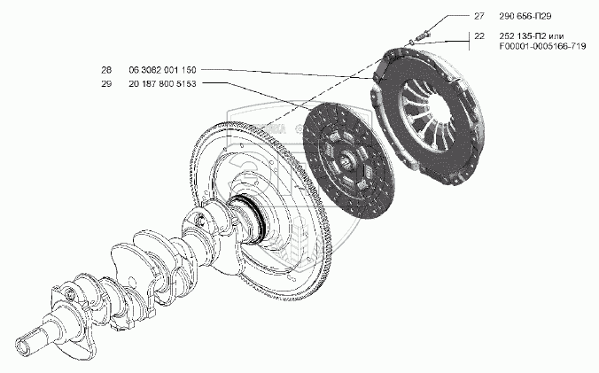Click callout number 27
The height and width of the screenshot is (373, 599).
click(x=479, y=17)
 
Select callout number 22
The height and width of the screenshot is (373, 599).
click(x=479, y=35)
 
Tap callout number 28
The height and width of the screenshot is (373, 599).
click(x=107, y=70)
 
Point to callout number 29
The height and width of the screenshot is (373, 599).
click(x=107, y=82)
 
